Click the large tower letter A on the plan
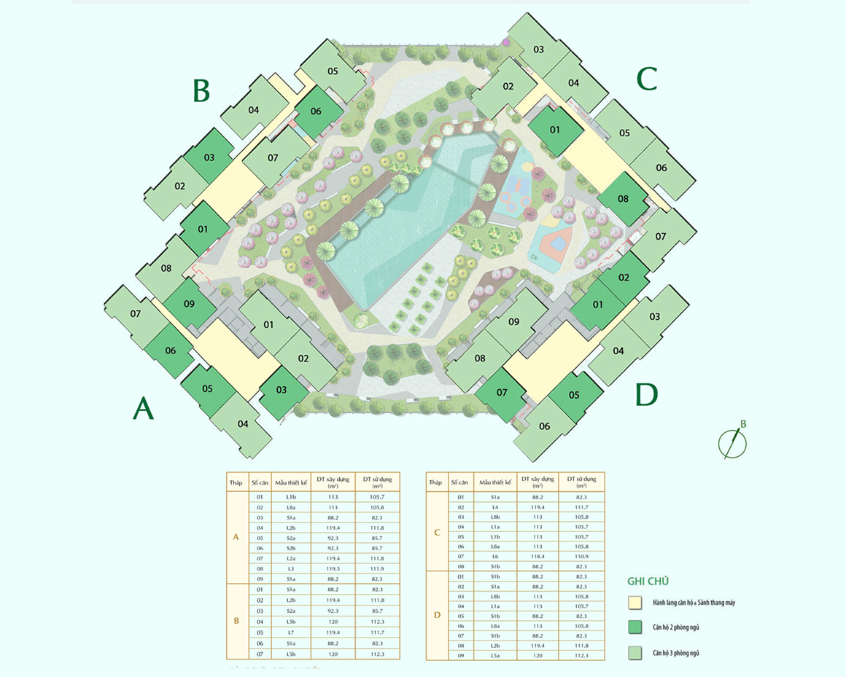pos(143,409)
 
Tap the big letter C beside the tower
pos(647,79)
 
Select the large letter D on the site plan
pos(646,395)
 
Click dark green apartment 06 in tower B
pos(316,111)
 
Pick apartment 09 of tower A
pos(189,304)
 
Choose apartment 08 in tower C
pos(623,198)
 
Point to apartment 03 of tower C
pos(538,50)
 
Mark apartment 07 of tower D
pos(502,393)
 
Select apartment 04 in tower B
pos(254,110)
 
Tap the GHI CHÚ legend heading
pos(648,582)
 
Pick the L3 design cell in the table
pos(290,568)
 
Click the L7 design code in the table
pos(290,633)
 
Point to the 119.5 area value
pos(333,568)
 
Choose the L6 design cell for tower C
pos(495,556)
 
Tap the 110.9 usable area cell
pos(581,556)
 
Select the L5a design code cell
pos(495,655)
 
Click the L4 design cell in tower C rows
pos(495,506)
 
